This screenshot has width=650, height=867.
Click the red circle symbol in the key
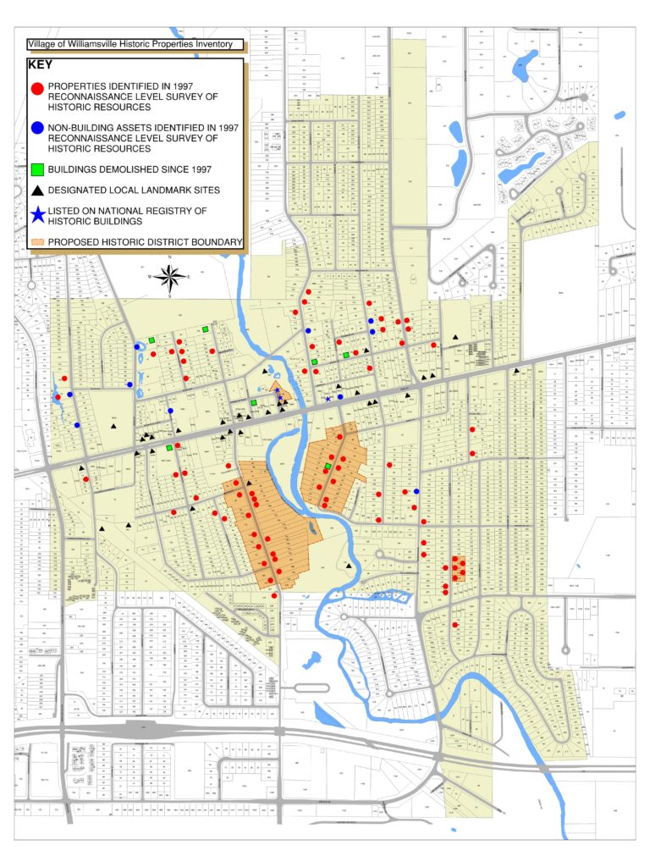point(36,88)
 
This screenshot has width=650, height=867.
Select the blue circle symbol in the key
point(36,129)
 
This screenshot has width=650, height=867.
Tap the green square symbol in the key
point(36,168)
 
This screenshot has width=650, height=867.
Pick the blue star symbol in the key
point(36,214)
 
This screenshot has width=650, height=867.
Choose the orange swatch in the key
point(36,242)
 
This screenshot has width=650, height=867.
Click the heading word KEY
point(40,64)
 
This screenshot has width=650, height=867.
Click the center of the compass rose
point(170,276)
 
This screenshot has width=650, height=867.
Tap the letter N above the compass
point(170,257)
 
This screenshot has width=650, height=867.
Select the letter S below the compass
point(170,295)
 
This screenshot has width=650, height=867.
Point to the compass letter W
point(151,276)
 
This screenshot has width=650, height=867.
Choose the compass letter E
point(190,276)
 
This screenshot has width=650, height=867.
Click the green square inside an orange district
point(328,467)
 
